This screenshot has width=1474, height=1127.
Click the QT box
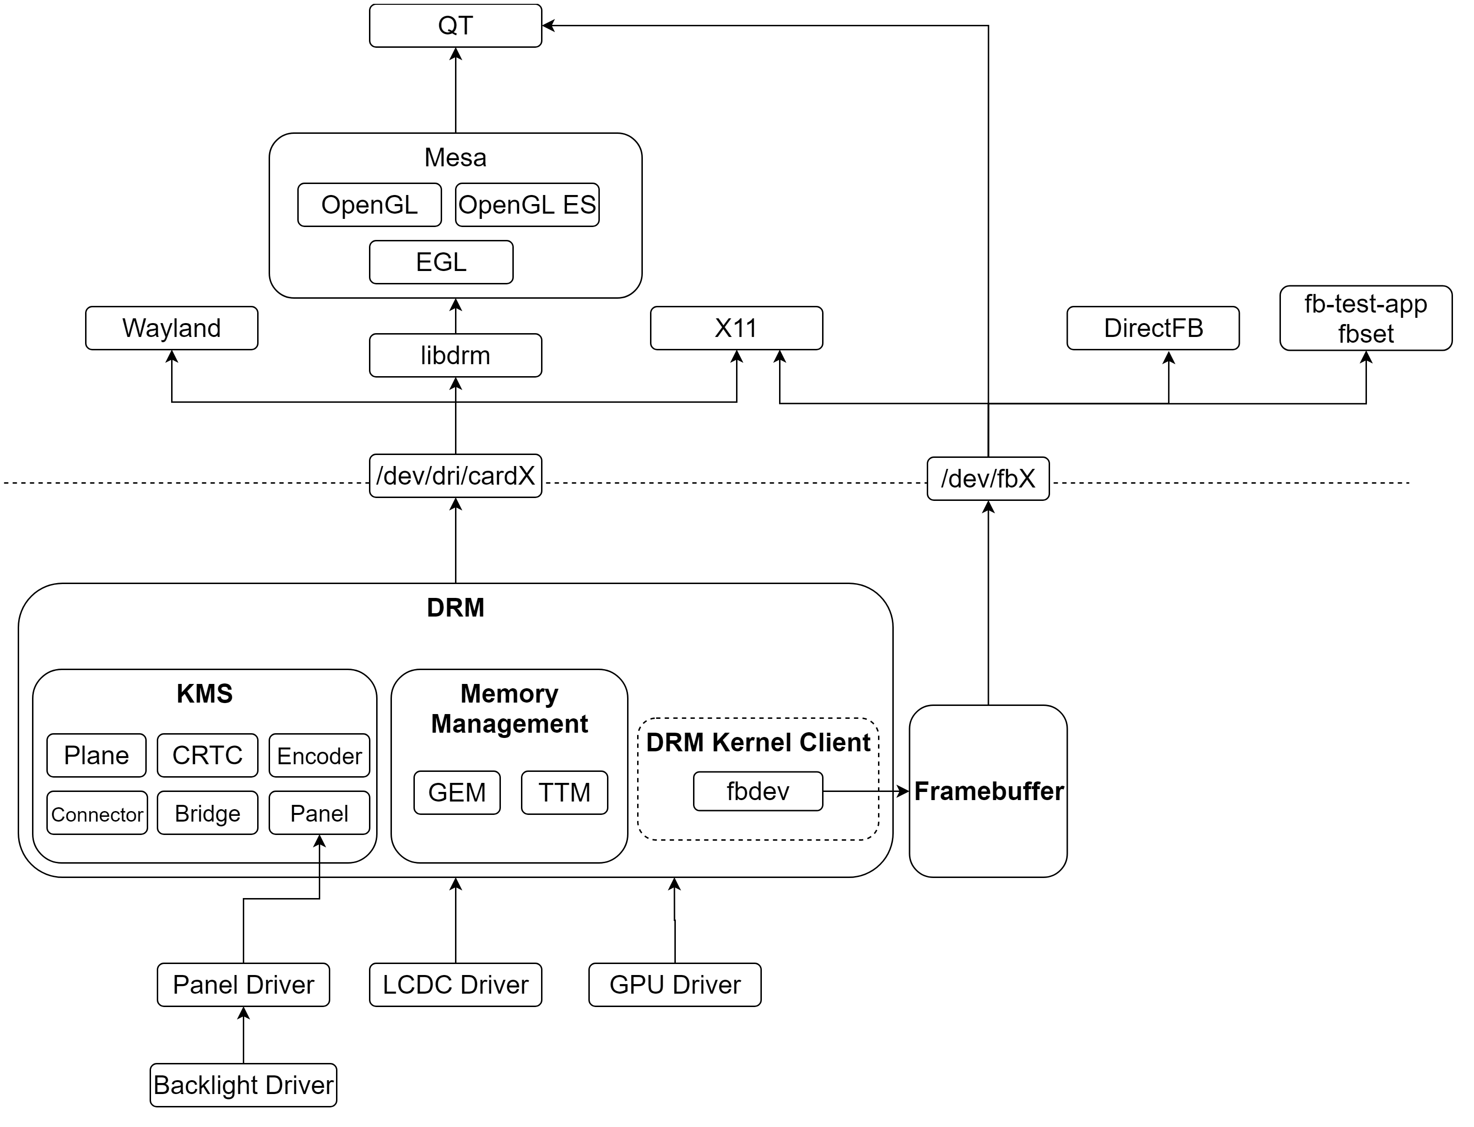(455, 25)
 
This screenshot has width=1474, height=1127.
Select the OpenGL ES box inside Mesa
(527, 205)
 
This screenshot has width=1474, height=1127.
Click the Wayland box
(171, 328)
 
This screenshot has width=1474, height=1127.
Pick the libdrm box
(455, 356)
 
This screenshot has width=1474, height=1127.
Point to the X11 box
(736, 328)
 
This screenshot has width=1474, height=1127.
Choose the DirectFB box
(1153, 328)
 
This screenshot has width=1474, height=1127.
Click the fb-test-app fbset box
(1366, 318)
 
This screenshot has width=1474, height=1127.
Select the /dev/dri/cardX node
(455, 476)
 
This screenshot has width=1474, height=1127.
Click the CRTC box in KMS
(207, 755)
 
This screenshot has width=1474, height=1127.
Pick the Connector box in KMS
(98, 814)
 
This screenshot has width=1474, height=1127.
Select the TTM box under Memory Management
(564, 793)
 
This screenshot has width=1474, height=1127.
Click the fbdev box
(758, 791)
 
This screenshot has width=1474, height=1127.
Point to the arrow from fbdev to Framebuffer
(866, 791)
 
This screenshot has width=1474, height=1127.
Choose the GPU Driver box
(674, 985)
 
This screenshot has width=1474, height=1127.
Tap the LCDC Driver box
(455, 985)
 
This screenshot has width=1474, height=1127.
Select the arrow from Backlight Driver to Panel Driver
(244, 1037)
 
